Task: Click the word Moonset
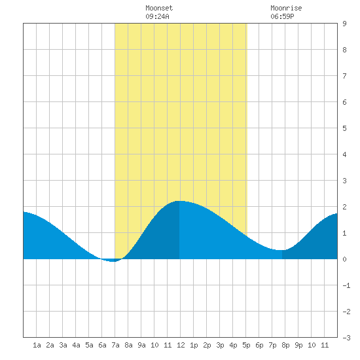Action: coord(159,8)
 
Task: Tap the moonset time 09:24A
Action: coord(157,16)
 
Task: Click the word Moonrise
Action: coord(286,8)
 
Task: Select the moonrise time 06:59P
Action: coord(282,16)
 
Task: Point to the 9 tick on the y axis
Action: coord(344,24)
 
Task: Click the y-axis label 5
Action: coord(344,128)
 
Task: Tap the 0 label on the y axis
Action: coord(344,259)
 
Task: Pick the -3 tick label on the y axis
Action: coord(346,338)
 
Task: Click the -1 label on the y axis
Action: coord(346,285)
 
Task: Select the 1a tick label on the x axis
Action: coord(37,345)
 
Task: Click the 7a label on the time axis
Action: coord(115,345)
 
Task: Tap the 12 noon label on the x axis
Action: coord(181,345)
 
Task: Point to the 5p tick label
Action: coord(246,345)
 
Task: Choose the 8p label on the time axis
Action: coord(285,345)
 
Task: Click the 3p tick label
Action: coord(220,345)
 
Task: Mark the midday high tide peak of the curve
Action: coord(179,201)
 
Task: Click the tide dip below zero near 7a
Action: coord(113,261)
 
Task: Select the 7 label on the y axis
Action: coord(344,76)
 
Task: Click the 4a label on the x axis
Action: coord(76,345)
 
